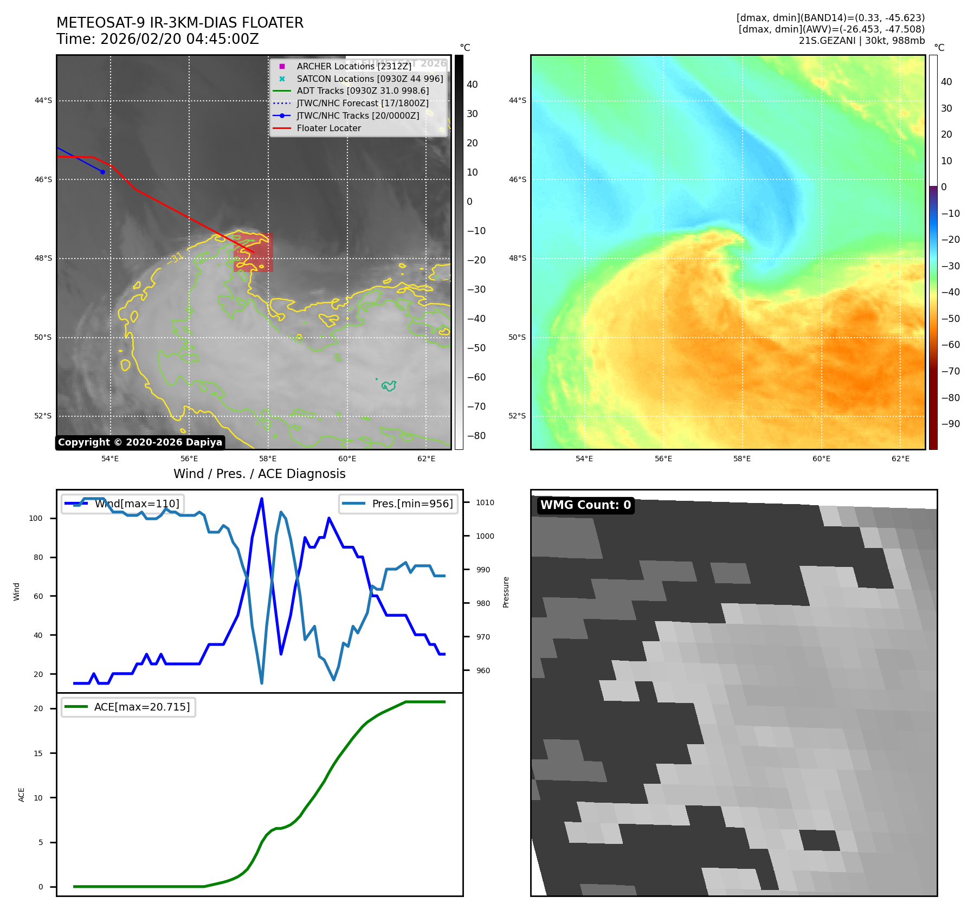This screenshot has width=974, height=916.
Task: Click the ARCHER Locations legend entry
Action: pos(353,66)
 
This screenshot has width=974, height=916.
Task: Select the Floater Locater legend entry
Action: pos(328,128)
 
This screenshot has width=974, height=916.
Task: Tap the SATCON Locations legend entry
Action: pos(370,79)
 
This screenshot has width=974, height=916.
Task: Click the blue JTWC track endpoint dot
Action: pos(102,172)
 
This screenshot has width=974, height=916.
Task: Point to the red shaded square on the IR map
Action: pos(253,253)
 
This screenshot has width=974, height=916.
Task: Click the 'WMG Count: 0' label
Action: pos(585,505)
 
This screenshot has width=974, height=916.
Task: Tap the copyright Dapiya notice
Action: pos(140,442)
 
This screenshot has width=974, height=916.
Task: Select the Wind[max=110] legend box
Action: pos(122,504)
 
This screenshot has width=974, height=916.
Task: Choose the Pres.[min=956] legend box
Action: pos(398,504)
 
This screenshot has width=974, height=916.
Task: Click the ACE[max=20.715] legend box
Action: pos(128,707)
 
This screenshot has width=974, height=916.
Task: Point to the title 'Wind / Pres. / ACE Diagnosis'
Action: pos(259,474)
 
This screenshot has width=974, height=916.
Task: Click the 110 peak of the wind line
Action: pos(262,499)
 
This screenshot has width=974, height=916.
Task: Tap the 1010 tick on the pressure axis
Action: pos(485,502)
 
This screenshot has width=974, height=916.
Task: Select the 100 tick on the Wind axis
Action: pos(36,518)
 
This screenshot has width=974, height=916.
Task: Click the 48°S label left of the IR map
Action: pos(43,258)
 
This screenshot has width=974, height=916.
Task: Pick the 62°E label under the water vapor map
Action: pos(900,459)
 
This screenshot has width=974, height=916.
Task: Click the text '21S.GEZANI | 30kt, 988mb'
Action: pos(861,41)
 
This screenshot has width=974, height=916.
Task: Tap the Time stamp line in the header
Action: pos(158,39)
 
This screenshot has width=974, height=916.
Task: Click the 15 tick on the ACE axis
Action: pos(38,753)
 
